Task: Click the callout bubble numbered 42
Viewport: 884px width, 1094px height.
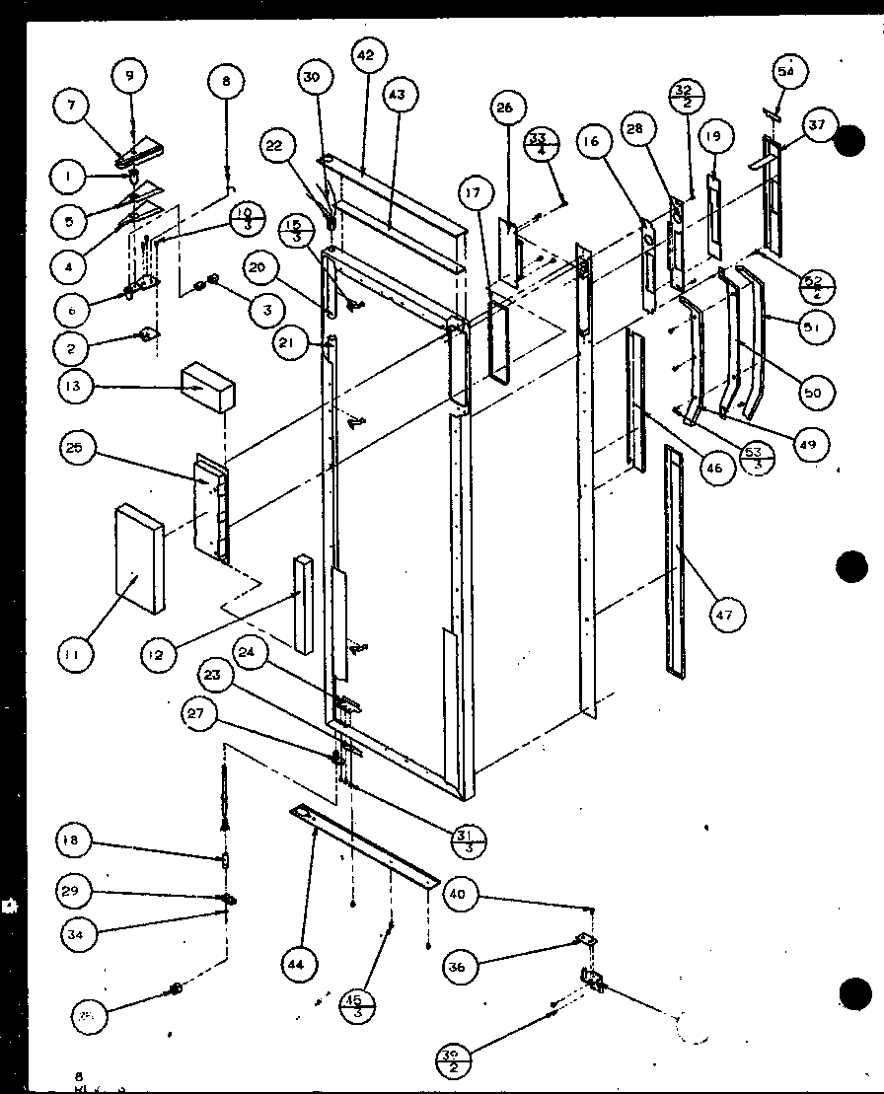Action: point(365,56)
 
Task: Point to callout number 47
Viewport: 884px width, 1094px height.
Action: point(725,616)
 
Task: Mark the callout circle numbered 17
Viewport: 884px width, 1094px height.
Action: point(475,193)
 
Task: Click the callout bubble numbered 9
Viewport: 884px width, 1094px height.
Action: point(128,74)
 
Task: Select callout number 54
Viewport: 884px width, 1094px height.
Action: point(786,71)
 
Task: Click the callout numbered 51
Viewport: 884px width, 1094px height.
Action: point(811,327)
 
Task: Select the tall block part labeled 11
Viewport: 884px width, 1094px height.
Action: point(141,557)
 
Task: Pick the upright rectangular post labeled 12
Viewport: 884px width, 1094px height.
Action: point(302,602)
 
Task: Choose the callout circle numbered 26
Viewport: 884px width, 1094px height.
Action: point(504,109)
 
